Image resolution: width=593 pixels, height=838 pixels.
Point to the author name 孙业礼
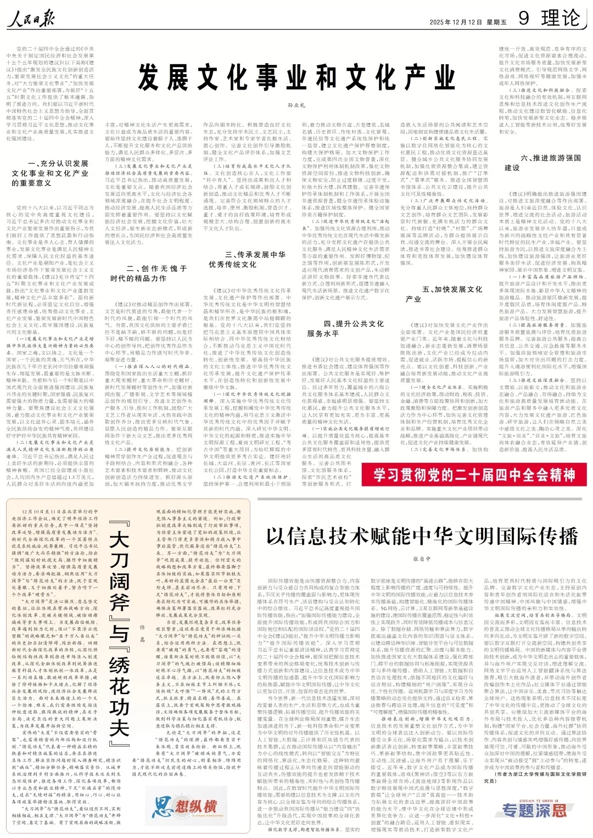[296, 104]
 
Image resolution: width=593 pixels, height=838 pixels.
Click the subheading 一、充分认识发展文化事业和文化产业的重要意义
[50, 173]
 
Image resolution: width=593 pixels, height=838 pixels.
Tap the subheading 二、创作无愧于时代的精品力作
[149, 273]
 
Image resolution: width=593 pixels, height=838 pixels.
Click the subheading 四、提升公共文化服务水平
[345, 328]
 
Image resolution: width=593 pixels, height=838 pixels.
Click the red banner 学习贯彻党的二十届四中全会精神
[474, 474]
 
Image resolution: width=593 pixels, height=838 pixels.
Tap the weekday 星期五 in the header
[496, 23]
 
